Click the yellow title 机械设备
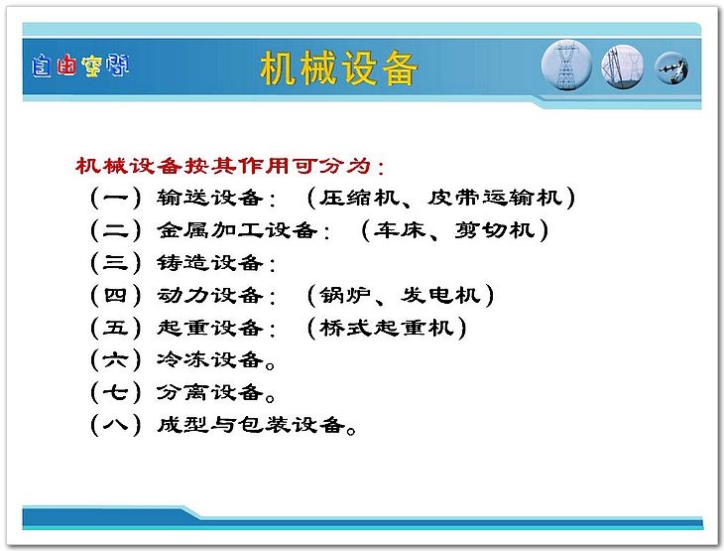pyautogui.click(x=338, y=69)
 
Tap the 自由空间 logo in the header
pyautogui.click(x=80, y=66)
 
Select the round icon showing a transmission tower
pyautogui.click(x=566, y=66)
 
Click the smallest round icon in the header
pyautogui.click(x=671, y=68)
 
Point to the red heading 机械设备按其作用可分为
pyautogui.click(x=229, y=166)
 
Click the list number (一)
pyautogui.click(x=115, y=198)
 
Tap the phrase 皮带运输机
pyautogui.click(x=495, y=198)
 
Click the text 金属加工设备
pyautogui.click(x=237, y=230)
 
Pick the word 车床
pyautogui.click(x=400, y=229)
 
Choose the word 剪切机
pyautogui.click(x=495, y=229)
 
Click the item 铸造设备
pyautogui.click(x=209, y=262)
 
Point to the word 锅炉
pyautogui.click(x=345, y=295)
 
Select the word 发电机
pyautogui.click(x=440, y=295)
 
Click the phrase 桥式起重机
pyautogui.click(x=386, y=328)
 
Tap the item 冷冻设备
pyautogui.click(x=209, y=359)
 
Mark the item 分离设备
pyautogui.click(x=209, y=392)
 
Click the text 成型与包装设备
pyautogui.click(x=251, y=424)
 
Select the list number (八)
pyautogui.click(x=115, y=424)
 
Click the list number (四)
pyautogui.click(x=115, y=295)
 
